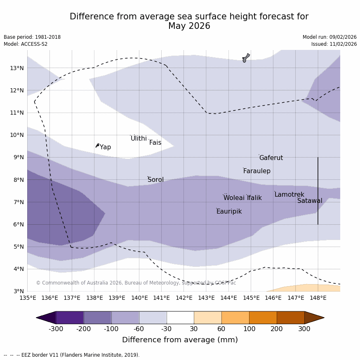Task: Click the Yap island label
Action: [105, 147]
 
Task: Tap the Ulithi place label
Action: [139, 139]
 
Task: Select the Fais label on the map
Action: [155, 143]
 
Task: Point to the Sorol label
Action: [155, 180]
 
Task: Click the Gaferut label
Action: [271, 158]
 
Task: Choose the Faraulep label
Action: [256, 171]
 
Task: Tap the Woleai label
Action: [234, 198]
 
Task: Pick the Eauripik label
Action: [229, 212]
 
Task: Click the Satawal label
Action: [310, 201]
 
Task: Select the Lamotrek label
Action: [289, 195]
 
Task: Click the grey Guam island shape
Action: [246, 58]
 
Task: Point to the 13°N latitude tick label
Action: [16, 68]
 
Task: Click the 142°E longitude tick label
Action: [184, 298]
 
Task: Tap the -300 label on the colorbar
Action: [56, 329]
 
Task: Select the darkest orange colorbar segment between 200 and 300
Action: [290, 318]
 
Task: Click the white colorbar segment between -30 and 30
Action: [180, 318]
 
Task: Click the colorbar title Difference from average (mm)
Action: [180, 340]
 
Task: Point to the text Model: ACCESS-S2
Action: [26, 44]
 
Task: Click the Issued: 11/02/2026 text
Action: [334, 44]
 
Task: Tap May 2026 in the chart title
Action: [189, 26]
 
